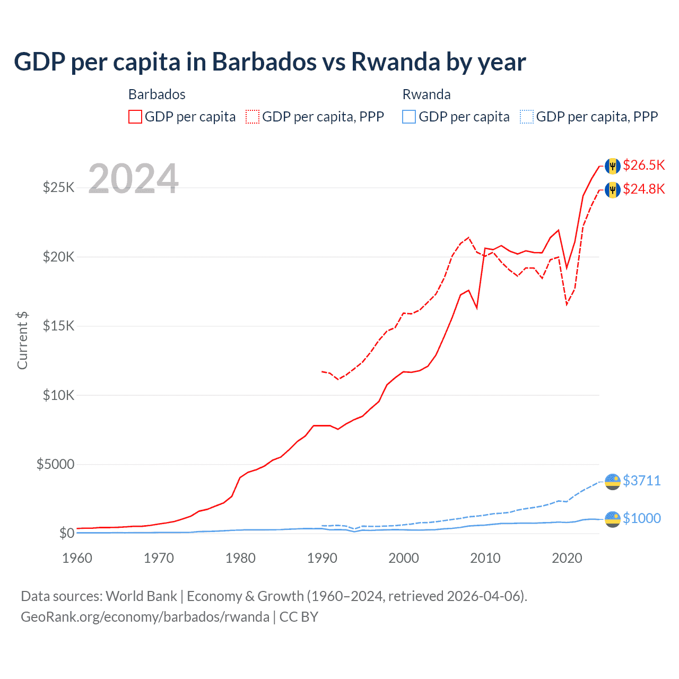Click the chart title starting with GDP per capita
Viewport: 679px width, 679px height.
click(x=269, y=62)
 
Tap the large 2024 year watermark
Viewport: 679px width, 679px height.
click(x=133, y=178)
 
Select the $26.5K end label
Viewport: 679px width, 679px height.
click(x=643, y=165)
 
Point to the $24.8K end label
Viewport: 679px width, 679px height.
click(x=643, y=189)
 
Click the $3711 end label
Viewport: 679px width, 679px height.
click(x=641, y=481)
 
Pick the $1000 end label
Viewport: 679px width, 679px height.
click(x=641, y=518)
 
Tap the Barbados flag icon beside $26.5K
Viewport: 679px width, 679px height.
click(x=613, y=166)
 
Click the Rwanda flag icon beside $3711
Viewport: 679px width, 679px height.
click(x=613, y=482)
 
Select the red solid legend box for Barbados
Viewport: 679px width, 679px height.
click(x=135, y=117)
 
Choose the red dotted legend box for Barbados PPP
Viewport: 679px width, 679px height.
click(x=253, y=117)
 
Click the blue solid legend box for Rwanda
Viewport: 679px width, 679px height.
click(x=409, y=117)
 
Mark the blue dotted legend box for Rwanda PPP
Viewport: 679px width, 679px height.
click(x=527, y=117)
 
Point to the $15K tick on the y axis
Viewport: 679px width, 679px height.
click(x=59, y=326)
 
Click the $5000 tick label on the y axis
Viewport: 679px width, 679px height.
click(x=55, y=464)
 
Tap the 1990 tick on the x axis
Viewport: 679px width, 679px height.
click(x=322, y=558)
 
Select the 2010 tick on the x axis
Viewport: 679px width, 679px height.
click(x=485, y=558)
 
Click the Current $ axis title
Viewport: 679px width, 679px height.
click(x=22, y=341)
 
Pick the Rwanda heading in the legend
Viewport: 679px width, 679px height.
click(x=426, y=94)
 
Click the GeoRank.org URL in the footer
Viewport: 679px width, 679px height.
click(x=145, y=617)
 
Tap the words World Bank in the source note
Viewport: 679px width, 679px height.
click(x=141, y=596)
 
